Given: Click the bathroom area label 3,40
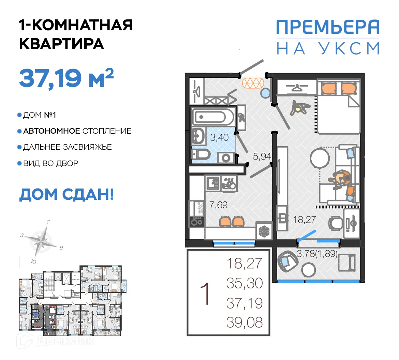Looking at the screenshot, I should (219, 138).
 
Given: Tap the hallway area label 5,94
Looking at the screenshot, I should (262, 156).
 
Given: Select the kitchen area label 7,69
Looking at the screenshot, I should (218, 205).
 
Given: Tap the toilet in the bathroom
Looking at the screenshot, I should (200, 155).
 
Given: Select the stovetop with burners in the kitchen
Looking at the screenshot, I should (197, 222).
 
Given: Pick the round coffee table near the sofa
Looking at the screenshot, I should (320, 158).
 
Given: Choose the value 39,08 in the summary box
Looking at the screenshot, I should (245, 322).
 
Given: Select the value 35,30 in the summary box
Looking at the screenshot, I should (245, 283).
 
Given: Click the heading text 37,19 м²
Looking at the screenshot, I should (66, 78).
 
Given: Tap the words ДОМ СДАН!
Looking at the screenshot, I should (66, 194).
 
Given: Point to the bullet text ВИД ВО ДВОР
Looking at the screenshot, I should (50, 163).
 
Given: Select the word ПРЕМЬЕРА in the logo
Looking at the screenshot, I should (327, 27).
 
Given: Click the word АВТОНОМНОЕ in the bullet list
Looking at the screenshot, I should (51, 131).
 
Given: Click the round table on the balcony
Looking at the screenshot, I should (308, 270).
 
